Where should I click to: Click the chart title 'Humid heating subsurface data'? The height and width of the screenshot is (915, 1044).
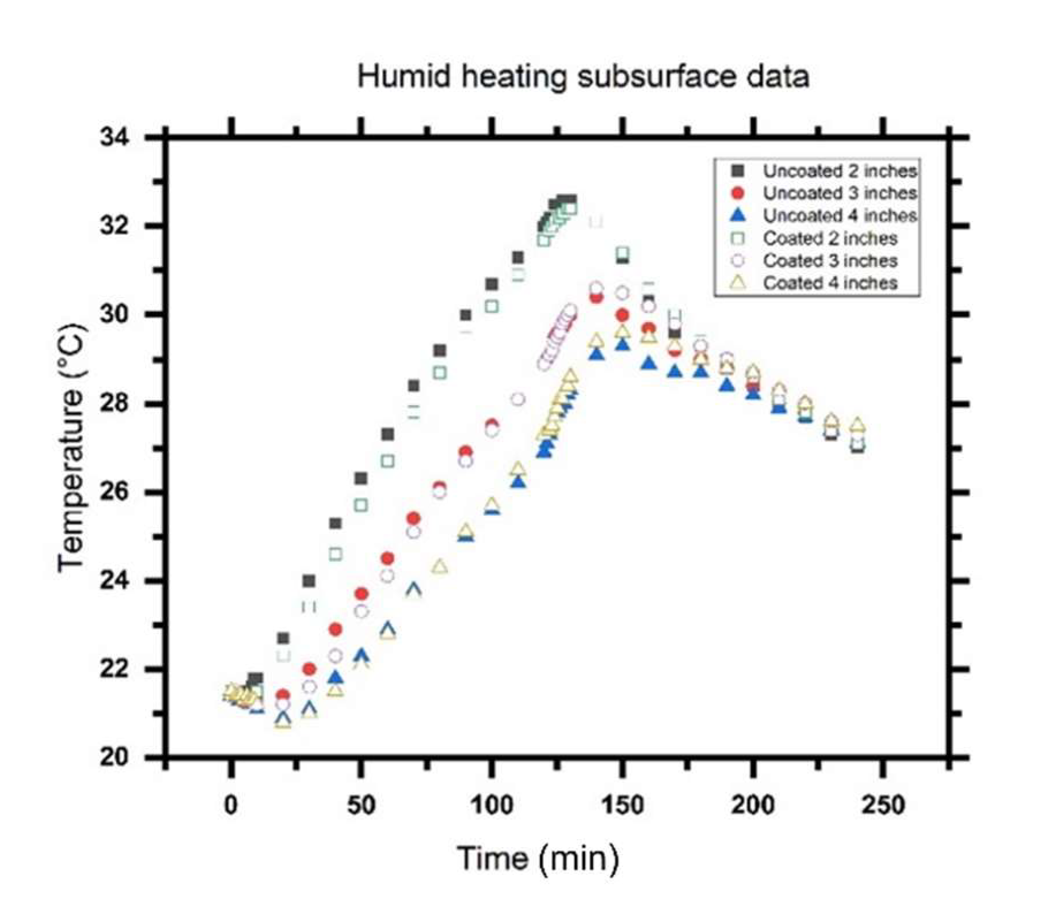[x=582, y=77]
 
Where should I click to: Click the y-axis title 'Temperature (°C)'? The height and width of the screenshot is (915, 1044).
[x=72, y=447]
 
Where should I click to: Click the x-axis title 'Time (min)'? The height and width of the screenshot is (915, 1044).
[x=538, y=859]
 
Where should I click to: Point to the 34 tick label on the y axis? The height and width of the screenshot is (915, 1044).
[x=115, y=138]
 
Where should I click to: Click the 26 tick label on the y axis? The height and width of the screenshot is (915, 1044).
[x=115, y=493]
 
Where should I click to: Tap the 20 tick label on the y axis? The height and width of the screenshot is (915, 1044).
[x=115, y=757]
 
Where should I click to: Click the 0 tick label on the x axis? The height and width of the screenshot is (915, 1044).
[x=231, y=805]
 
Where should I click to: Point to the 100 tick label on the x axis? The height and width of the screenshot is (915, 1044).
[x=491, y=805]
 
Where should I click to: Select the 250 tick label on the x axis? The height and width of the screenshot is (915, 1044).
[x=883, y=805]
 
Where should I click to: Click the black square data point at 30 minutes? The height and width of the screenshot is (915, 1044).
[x=309, y=581]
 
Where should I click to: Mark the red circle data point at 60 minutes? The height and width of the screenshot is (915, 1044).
[x=387, y=558]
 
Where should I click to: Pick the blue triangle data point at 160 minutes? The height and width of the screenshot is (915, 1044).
[x=649, y=364]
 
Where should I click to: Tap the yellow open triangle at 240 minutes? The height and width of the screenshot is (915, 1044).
[x=858, y=425]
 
